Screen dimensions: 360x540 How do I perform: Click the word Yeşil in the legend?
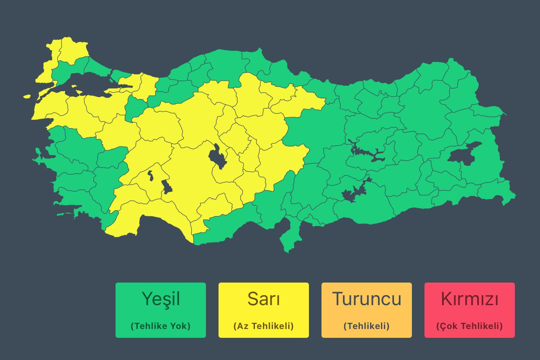point(161,299)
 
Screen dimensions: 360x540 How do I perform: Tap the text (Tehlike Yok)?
point(161,326)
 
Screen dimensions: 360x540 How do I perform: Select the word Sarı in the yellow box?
point(264,299)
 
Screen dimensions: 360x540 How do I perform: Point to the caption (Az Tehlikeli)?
point(264,326)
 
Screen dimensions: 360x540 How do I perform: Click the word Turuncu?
point(367,299)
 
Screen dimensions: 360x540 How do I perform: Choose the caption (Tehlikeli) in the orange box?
point(367,326)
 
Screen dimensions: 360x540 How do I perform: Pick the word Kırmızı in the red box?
point(470,299)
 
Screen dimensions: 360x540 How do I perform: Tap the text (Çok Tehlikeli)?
point(470,326)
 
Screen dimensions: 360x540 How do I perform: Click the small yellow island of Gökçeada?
point(27,97)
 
